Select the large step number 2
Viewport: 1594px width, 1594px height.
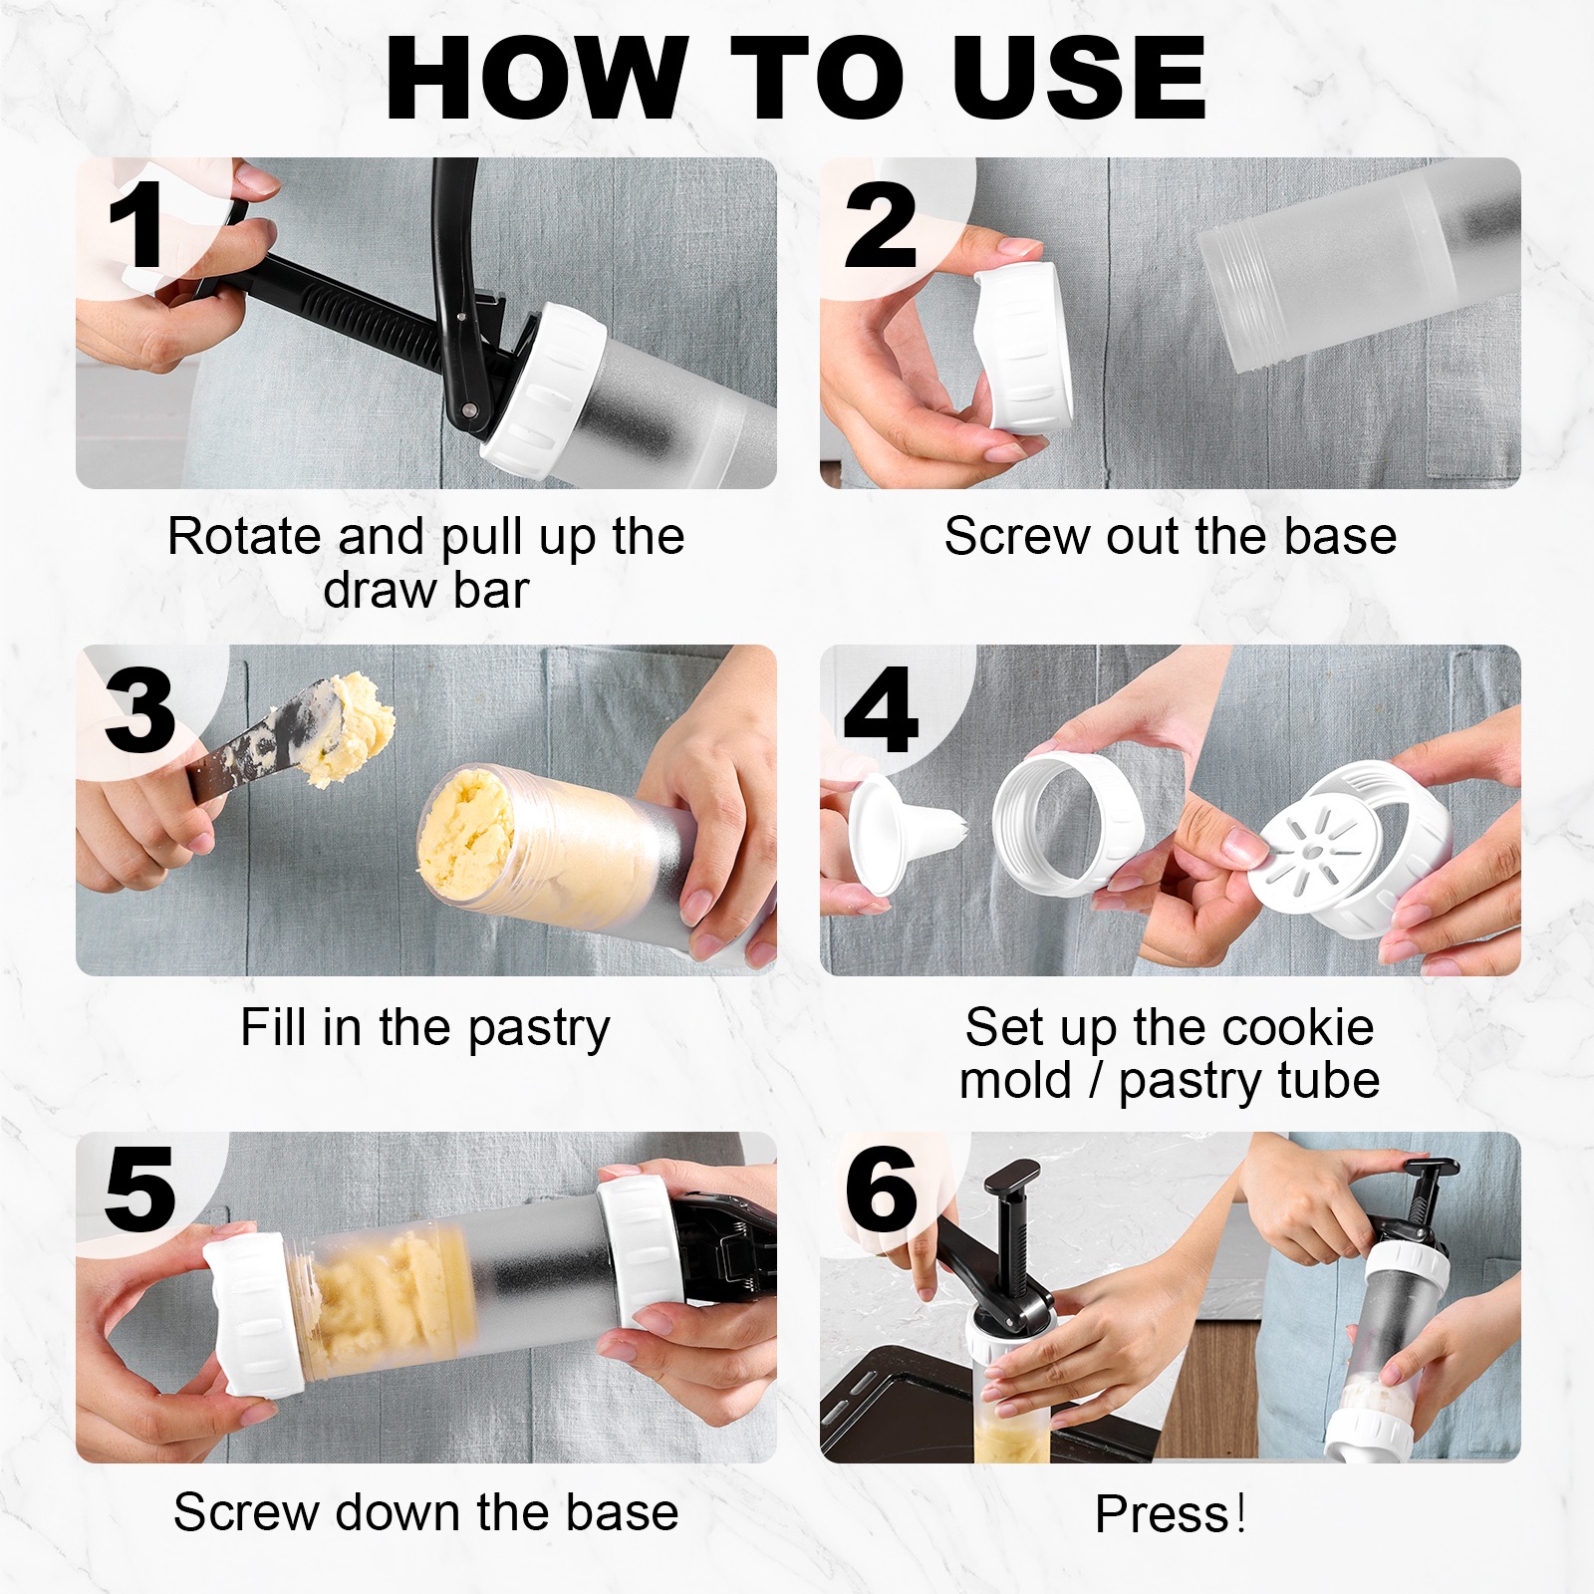coord(881,225)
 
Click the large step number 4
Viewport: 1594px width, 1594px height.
coord(881,710)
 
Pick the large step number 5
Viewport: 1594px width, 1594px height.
coord(139,1189)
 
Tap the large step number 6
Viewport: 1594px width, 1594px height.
coord(881,1189)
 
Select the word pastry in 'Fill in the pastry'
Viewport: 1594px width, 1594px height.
coord(538,1029)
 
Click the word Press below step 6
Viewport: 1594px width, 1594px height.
coord(1163,1514)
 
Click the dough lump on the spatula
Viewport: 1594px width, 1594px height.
coord(347,727)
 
